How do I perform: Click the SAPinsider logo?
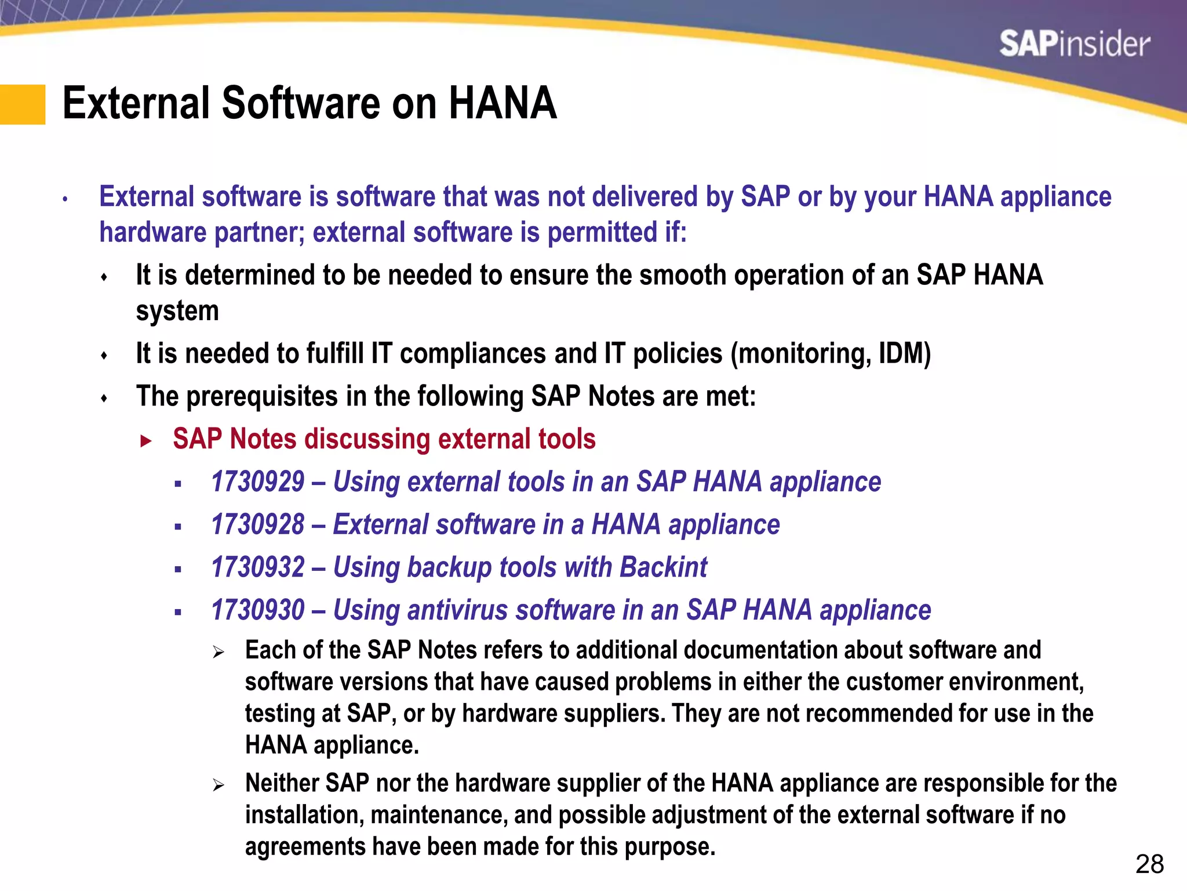tap(1074, 44)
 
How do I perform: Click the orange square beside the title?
tap(22, 104)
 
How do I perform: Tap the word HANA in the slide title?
tap(502, 103)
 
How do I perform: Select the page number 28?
tap(1149, 864)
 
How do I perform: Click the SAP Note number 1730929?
tap(258, 482)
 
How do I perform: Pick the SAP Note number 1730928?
tap(258, 525)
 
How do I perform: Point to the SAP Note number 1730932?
tap(258, 567)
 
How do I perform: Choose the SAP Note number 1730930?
tap(258, 610)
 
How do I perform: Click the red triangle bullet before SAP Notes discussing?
tap(145, 441)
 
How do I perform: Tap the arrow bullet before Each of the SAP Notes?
tap(218, 653)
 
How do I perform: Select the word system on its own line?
tap(177, 312)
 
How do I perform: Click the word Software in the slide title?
tap(301, 103)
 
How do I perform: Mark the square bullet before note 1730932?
tap(178, 570)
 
